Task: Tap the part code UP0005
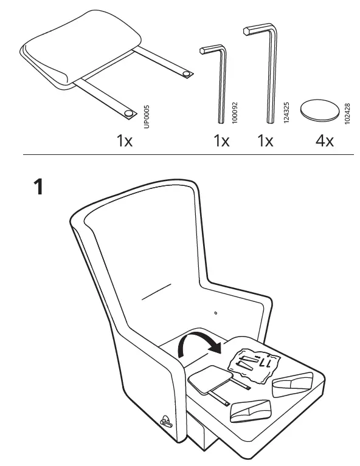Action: (145, 115)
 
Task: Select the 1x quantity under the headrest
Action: (124, 142)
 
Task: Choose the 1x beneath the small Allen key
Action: (221, 142)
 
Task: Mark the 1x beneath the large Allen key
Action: (265, 142)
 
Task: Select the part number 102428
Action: (347, 114)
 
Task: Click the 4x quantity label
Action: (325, 142)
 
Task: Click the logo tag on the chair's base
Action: (166, 419)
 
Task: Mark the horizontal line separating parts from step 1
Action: (189, 156)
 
